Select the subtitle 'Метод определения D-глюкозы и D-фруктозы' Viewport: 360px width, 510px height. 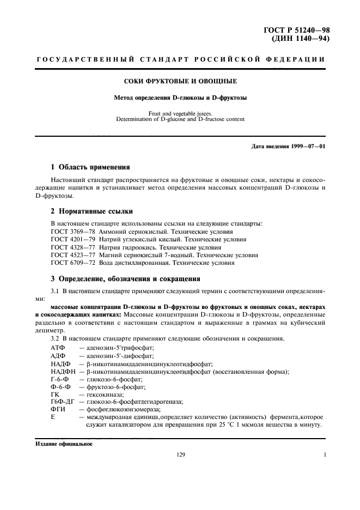[180, 98]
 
